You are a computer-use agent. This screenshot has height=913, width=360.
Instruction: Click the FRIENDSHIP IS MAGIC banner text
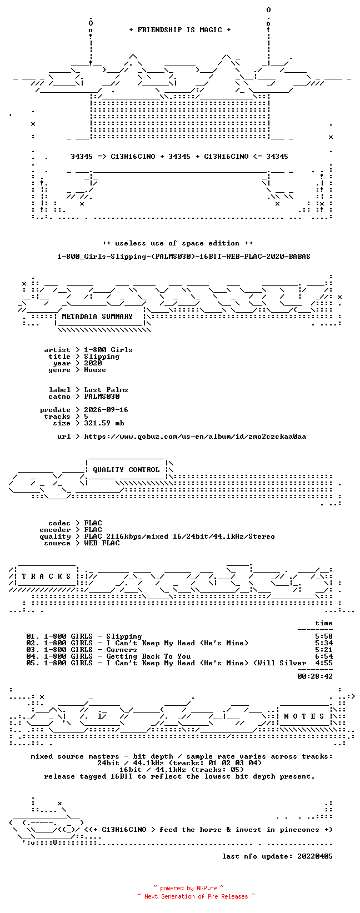coord(180,30)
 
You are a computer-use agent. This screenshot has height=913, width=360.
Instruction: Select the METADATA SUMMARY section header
coord(97,317)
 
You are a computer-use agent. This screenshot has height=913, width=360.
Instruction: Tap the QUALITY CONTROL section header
coord(126,469)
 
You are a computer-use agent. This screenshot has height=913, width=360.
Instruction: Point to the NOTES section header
coord(304,716)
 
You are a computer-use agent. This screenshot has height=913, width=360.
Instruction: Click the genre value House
coord(95,370)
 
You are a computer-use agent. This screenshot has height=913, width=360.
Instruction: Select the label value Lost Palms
coord(106,390)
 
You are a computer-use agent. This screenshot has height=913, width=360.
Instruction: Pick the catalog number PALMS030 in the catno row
coord(102,397)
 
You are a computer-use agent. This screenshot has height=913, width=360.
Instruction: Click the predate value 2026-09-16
coord(106,410)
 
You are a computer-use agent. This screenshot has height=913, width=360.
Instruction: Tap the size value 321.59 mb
coord(104,423)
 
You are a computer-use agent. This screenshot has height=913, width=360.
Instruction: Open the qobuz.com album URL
coord(195,437)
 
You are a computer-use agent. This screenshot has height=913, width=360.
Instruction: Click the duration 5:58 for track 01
coord(324,636)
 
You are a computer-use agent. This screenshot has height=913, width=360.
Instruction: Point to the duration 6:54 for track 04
coord(324,656)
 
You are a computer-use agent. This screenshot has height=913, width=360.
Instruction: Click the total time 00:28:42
coord(315,676)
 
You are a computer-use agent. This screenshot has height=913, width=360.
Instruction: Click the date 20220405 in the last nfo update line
coord(315,856)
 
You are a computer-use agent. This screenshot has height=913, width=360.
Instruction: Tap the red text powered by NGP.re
coord(188,888)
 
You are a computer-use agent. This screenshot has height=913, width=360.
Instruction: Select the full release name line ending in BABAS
coord(183,257)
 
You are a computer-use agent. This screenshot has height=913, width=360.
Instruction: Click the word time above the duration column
coord(324,623)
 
